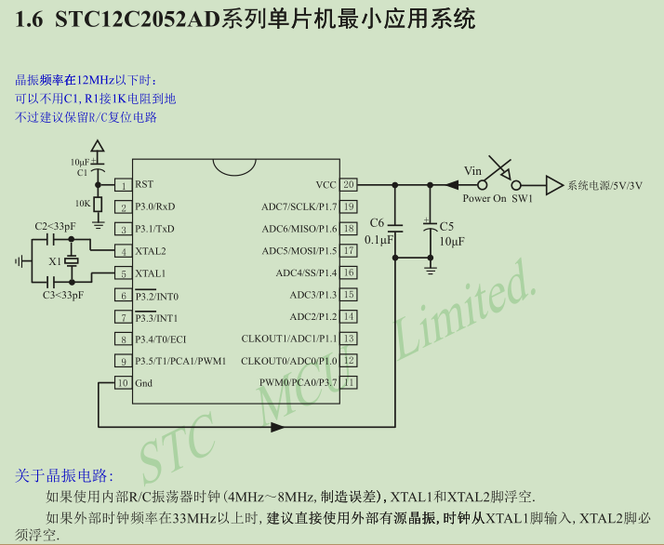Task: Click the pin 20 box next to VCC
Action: [x=348, y=184]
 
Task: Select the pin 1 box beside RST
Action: [x=122, y=185]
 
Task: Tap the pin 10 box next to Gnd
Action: [x=122, y=383]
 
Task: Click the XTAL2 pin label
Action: [x=151, y=251]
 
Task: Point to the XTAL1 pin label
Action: [x=151, y=273]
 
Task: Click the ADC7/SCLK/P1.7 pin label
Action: [x=299, y=206]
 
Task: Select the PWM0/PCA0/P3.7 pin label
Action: [x=298, y=382]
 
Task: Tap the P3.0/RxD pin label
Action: [x=154, y=206]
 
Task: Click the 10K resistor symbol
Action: [x=99, y=204]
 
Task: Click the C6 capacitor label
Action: [x=377, y=223]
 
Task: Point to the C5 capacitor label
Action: [x=446, y=226]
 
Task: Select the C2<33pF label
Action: [x=55, y=226]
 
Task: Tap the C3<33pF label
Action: [x=63, y=295]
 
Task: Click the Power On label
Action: [x=485, y=198]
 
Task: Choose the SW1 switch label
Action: [x=523, y=198]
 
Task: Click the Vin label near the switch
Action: [x=473, y=170]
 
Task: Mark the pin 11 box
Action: [x=348, y=382]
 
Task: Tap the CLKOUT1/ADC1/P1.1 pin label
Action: [x=289, y=339]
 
